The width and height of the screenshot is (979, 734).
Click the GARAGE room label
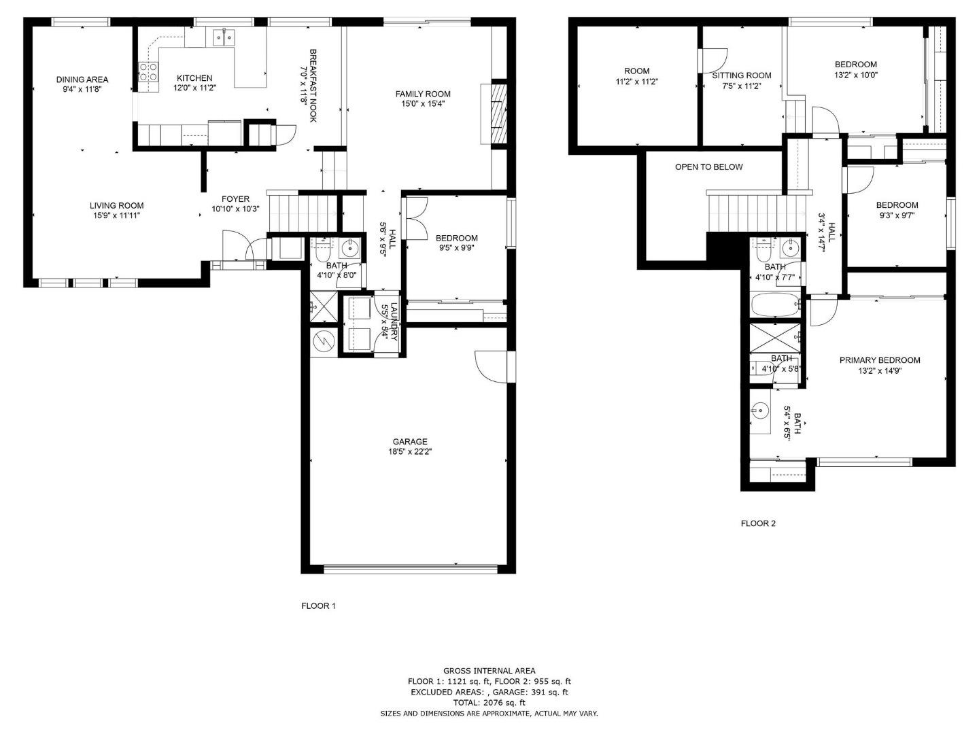click(409, 442)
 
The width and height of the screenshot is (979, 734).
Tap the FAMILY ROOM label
click(423, 94)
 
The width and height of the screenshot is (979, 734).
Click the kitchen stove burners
click(148, 72)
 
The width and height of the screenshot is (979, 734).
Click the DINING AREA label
click(82, 80)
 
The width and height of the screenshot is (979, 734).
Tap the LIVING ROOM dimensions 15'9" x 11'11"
click(117, 215)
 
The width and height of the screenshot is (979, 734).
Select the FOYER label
click(235, 199)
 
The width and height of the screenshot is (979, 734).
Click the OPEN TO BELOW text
click(708, 167)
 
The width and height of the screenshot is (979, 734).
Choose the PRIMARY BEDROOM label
click(879, 360)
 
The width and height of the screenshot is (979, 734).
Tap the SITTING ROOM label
click(741, 75)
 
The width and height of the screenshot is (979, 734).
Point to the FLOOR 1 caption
click(318, 606)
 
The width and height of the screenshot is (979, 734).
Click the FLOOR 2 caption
click(758, 523)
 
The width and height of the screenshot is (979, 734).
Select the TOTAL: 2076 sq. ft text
click(489, 703)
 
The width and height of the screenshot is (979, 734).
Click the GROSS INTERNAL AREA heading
click(489, 671)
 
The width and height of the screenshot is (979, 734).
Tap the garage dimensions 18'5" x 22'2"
click(409, 451)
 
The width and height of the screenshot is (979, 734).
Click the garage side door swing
click(491, 367)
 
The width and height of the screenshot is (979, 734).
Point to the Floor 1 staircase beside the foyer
click(303, 212)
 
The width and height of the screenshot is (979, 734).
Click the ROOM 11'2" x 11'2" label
click(636, 75)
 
